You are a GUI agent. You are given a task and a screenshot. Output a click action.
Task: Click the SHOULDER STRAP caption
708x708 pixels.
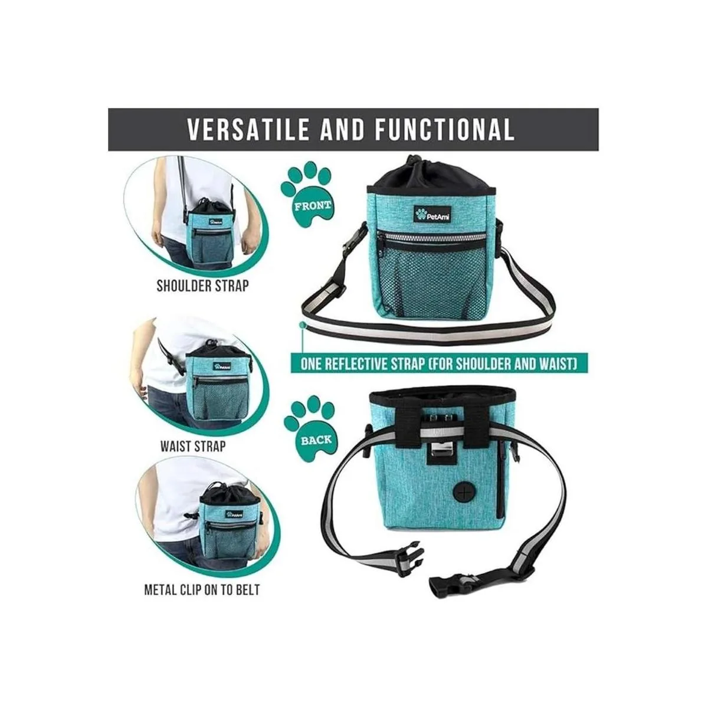pos(202,286)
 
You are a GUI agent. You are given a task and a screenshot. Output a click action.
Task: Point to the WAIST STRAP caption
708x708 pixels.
pos(192,446)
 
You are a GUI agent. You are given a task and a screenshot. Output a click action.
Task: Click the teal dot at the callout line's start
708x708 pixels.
pos(303,324)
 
